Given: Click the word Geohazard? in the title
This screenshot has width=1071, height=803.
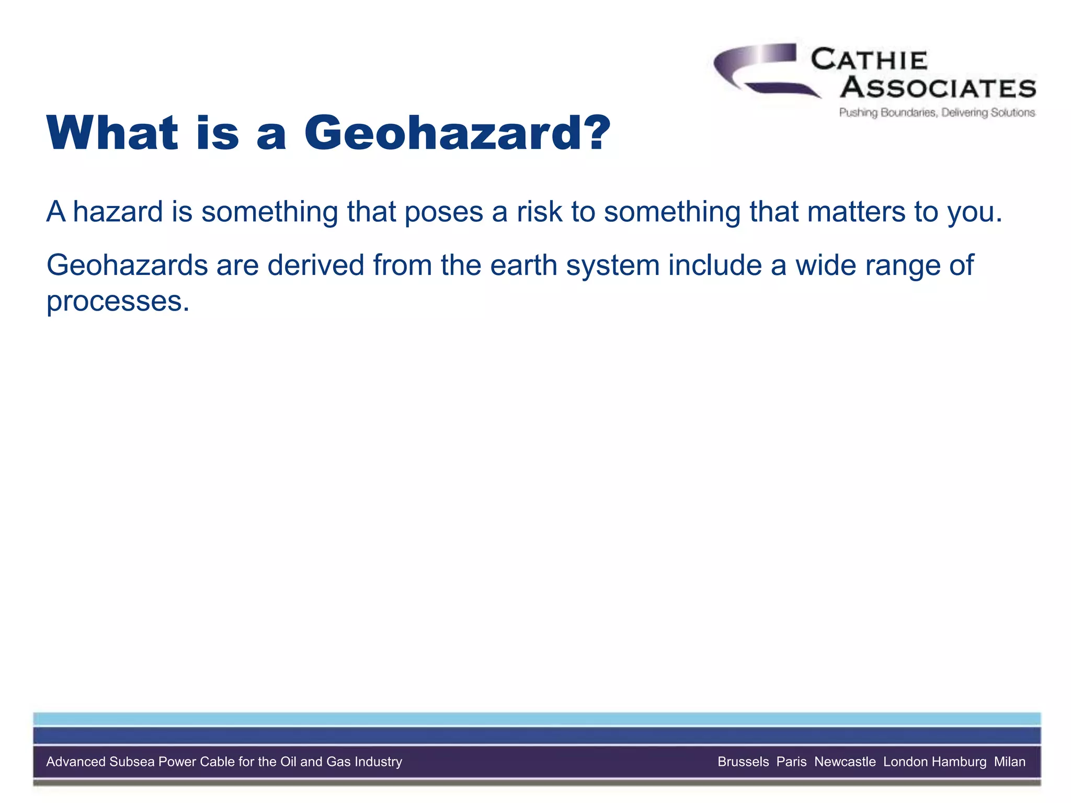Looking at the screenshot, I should tap(457, 133).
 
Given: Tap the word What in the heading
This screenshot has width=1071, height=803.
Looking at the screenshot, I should tap(112, 133).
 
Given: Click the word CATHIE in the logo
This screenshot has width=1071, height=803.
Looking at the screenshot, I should tap(869, 60).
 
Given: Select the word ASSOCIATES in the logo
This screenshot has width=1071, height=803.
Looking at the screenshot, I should tap(938, 88).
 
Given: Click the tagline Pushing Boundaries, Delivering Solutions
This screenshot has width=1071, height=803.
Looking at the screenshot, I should tap(937, 112).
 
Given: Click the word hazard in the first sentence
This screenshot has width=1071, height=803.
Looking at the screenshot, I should tap(118, 212).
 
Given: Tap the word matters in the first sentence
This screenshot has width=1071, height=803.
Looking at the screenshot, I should tap(856, 212).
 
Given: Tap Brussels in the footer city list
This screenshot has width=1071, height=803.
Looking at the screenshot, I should tap(743, 762).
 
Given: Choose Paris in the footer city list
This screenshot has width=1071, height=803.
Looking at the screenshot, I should tap(791, 762).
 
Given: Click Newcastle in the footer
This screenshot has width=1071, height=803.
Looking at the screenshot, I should tap(845, 762).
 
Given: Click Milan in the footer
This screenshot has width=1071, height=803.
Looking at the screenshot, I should tap(1009, 762).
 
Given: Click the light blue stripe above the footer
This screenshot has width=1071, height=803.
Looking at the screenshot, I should tap(537, 719).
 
